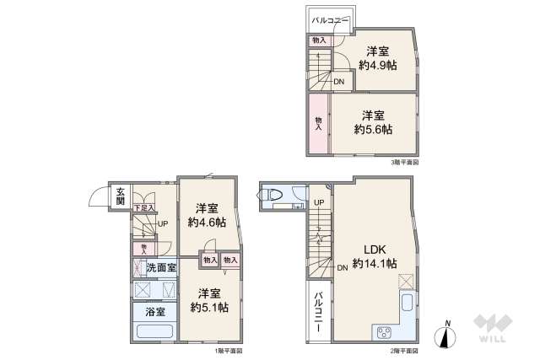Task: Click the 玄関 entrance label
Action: pos(121,197)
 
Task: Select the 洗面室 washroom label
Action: pos(160,268)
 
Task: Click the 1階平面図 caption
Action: pos(228,351)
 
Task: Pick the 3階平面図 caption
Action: pos(404,161)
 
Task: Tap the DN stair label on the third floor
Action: pos(337,82)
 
